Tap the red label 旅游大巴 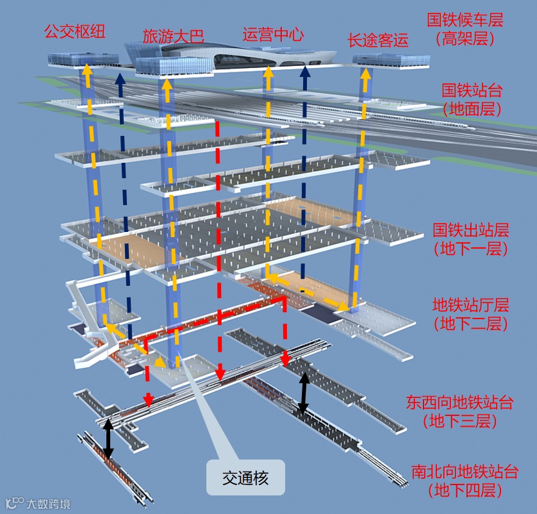tap(173, 36)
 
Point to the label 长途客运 tap(377, 40)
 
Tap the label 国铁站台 tap(472, 89)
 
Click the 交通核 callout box tap(245, 477)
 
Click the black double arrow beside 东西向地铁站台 tap(304, 393)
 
